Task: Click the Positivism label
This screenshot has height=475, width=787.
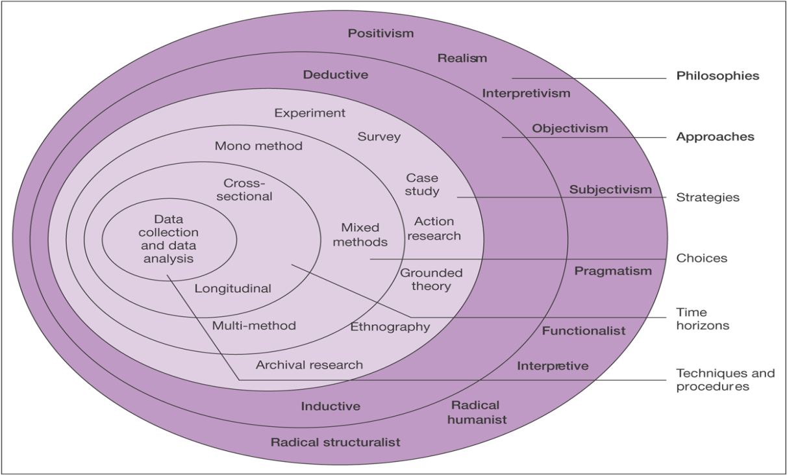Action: (381, 33)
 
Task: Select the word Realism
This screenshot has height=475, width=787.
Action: (462, 58)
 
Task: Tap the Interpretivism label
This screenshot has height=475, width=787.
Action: (526, 94)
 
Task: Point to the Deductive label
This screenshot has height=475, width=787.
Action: (335, 75)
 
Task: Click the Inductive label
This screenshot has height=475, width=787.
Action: (331, 407)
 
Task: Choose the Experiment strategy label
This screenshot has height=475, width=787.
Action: (310, 113)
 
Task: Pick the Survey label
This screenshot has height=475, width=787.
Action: (379, 137)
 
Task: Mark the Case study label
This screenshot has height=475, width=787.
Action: (422, 185)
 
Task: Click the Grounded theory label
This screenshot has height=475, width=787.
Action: (431, 279)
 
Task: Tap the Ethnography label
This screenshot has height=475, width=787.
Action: (390, 327)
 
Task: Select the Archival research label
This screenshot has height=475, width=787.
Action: (309, 365)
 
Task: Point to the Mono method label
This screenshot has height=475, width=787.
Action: (258, 146)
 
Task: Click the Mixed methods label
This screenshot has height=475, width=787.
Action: (364, 235)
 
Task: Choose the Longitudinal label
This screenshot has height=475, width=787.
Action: (232, 289)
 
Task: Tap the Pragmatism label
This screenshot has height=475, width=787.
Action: (612, 271)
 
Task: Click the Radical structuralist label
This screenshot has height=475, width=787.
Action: (335, 443)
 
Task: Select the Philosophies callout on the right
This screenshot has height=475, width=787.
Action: (718, 76)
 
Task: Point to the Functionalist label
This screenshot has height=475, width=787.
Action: (584, 331)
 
